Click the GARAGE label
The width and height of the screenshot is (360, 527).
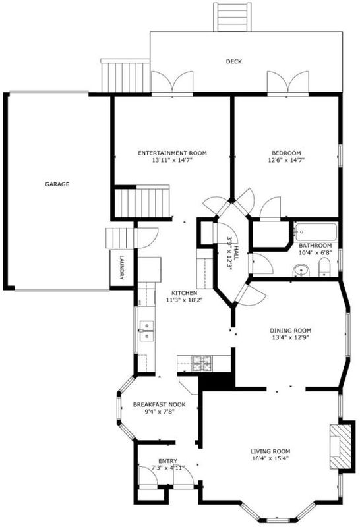coord(57,184)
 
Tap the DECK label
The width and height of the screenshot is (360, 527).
coord(234,61)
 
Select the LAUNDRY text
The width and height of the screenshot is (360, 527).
coord(122,268)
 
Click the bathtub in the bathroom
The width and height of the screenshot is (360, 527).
coord(315,232)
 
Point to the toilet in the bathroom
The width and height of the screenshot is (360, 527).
coord(324,267)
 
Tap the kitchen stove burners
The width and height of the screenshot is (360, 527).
coord(202,364)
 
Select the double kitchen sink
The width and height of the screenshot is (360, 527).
coord(146,331)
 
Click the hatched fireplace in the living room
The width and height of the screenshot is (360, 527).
coord(340,446)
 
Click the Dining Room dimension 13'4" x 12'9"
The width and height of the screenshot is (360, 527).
coord(290,337)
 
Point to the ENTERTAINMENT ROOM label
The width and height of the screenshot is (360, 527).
coord(172,153)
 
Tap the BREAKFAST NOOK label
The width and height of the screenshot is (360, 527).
coord(159,404)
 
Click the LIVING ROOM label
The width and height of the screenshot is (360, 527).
coord(270,451)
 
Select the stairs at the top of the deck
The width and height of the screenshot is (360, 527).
coord(232,17)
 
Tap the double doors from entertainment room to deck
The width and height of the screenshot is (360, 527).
coord(172,82)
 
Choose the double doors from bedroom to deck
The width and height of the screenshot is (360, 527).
coord(287,82)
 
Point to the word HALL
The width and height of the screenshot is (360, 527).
coord(236,252)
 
